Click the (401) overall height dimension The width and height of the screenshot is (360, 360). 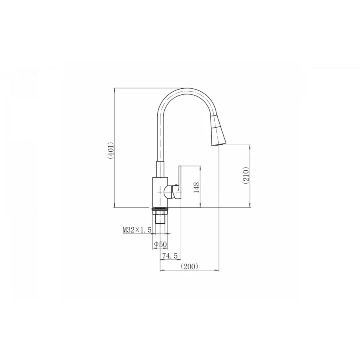111,151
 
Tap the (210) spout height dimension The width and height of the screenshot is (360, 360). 246,176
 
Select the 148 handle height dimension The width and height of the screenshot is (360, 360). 197,187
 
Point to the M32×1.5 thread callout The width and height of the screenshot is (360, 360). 137,230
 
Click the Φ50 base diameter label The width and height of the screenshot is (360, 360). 160,244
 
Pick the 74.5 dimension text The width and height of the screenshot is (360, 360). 170,256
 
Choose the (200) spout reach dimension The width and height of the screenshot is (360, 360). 190,266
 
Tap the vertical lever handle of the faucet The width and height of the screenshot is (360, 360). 179,182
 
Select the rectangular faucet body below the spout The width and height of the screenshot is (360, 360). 160,192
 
